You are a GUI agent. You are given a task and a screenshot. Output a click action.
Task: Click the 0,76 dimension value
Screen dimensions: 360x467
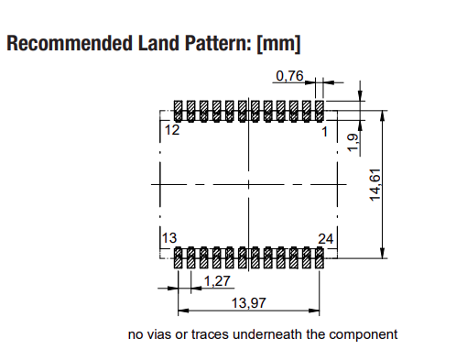tap(288, 75)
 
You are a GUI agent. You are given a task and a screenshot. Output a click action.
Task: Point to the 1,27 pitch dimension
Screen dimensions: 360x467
tap(217, 280)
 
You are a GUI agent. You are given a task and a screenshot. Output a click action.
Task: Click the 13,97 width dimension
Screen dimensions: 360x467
tap(246, 302)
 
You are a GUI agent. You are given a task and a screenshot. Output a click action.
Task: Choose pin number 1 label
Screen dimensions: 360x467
tap(323, 131)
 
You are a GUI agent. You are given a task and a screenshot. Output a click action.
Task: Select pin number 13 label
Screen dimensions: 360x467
tap(169, 238)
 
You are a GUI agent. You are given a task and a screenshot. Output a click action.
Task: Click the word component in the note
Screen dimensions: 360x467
tap(364, 334)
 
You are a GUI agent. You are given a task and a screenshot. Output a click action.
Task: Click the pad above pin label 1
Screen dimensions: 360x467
tap(320, 111)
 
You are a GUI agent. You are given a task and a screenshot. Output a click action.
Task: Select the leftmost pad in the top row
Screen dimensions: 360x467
tap(179, 111)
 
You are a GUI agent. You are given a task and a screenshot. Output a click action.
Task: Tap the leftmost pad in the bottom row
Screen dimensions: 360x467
tap(179, 257)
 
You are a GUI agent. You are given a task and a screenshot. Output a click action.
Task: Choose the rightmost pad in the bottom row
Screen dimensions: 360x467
tap(320, 257)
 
